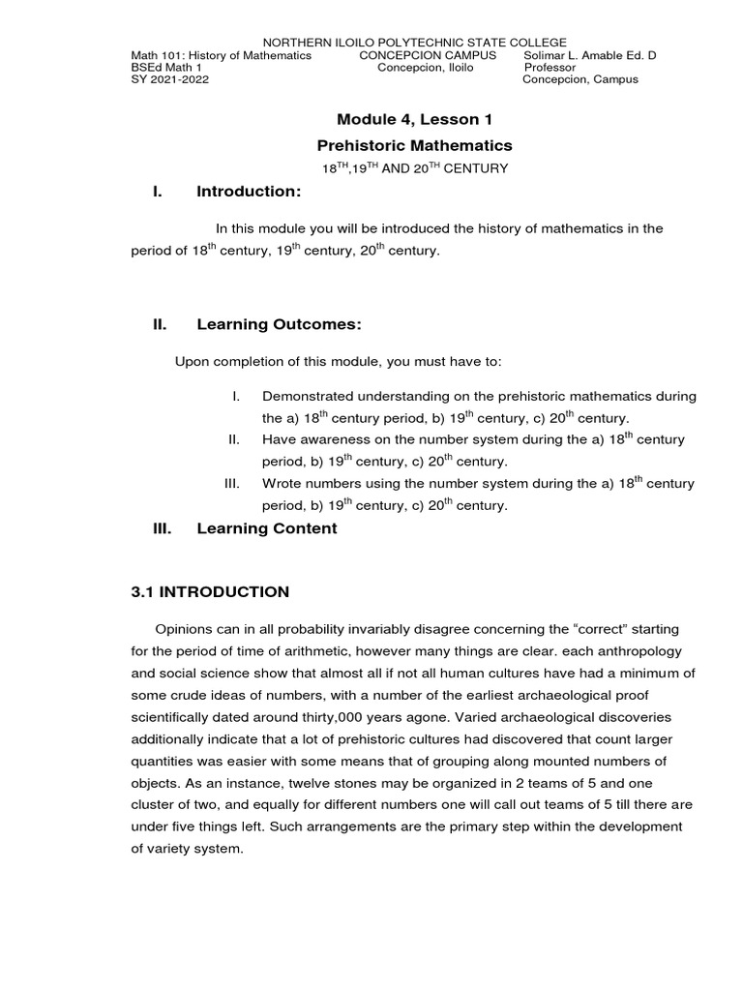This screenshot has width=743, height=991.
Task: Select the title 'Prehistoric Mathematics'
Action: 414,145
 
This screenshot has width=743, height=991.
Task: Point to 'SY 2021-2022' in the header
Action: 169,79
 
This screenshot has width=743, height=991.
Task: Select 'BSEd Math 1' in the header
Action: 166,68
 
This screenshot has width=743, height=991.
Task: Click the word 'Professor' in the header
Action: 550,68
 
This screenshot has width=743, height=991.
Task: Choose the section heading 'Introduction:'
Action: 249,192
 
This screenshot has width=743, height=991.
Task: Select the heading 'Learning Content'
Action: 267,528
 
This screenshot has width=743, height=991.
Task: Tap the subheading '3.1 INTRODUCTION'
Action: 210,591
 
